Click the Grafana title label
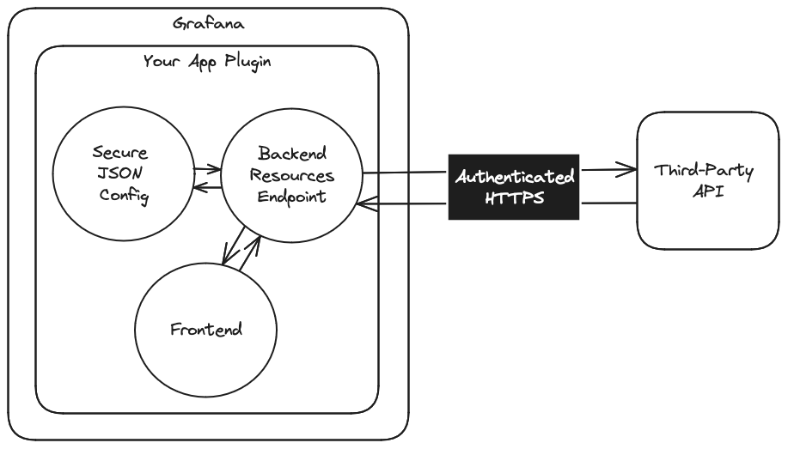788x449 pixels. click(207, 24)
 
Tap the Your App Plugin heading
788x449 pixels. click(207, 64)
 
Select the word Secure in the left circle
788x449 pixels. click(119, 155)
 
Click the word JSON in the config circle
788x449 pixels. click(119, 176)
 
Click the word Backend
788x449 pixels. click(292, 154)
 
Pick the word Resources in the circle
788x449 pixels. click(292, 175)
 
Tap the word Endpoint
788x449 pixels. click(292, 197)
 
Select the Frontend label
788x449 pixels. click(206, 329)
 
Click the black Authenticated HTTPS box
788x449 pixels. click(515, 187)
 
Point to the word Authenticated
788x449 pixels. click(515, 177)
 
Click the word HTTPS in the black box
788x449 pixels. click(515, 198)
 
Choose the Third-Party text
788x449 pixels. click(704, 171)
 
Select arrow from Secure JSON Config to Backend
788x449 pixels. click(207, 170)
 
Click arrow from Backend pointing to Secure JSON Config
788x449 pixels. click(201, 189)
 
